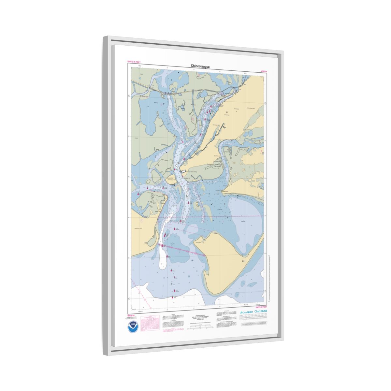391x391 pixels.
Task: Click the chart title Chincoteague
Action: (x=200, y=66)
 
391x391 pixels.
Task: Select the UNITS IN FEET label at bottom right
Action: (x=261, y=307)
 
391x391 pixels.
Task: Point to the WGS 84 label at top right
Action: (x=264, y=71)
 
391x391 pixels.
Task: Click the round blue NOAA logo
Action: (x=133, y=326)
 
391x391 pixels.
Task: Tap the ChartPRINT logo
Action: (x=246, y=312)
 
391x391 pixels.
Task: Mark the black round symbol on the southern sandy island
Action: (x=243, y=261)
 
